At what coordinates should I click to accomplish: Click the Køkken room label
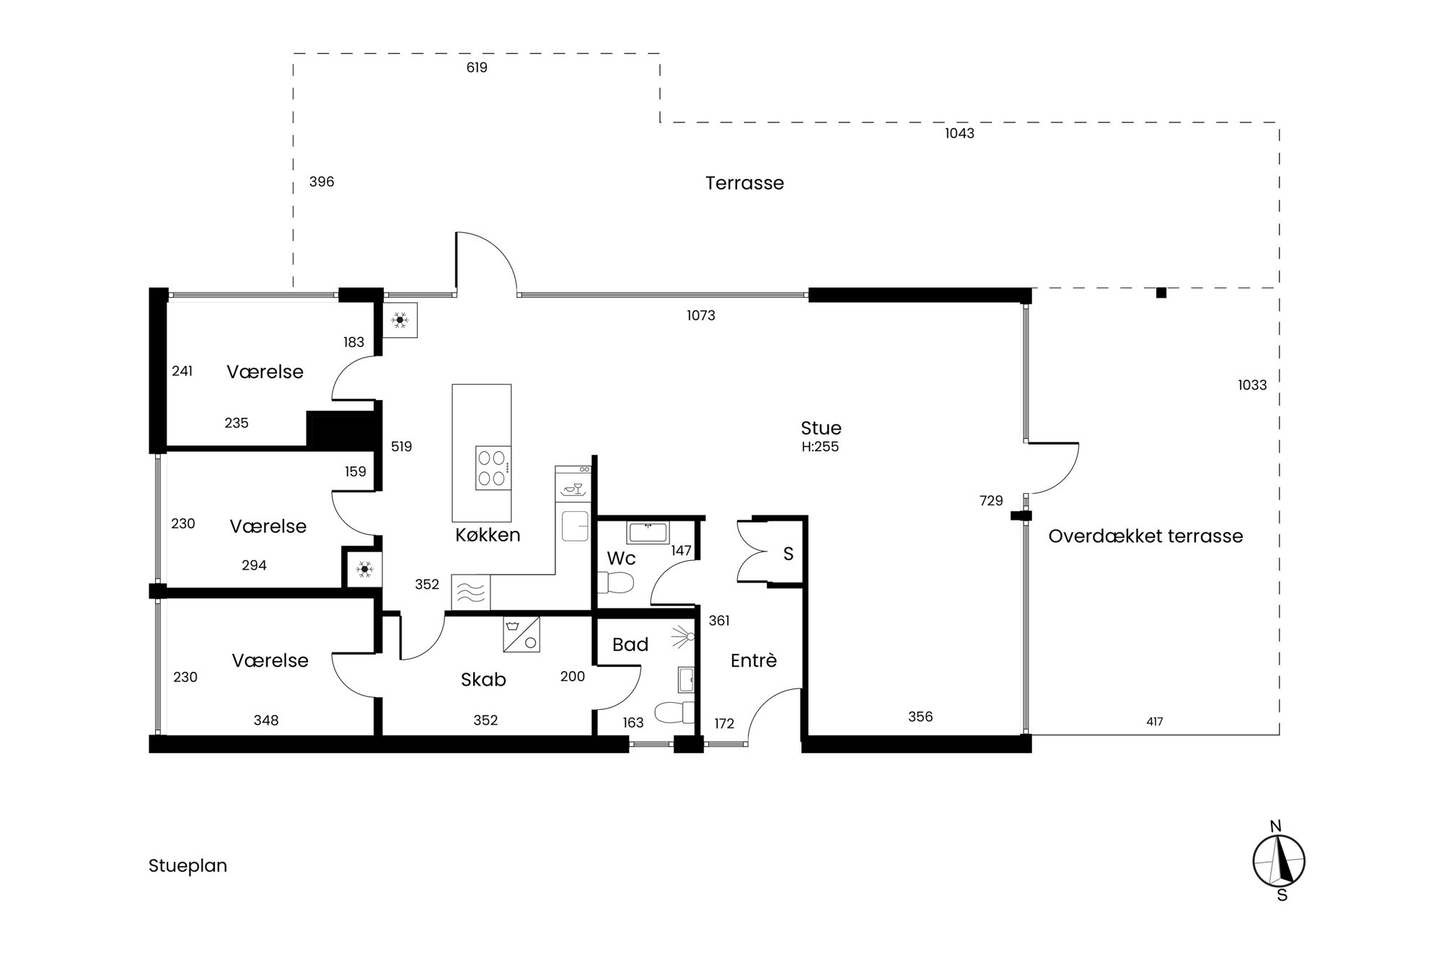[488, 535]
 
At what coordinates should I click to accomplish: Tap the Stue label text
[821, 427]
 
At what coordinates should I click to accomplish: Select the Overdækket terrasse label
[1145, 536]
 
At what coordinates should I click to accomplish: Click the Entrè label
[753, 660]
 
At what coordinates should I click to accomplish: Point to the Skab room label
[483, 679]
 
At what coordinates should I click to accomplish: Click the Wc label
[621, 558]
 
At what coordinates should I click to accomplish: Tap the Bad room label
[630, 644]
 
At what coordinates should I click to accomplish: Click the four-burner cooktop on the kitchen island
[493, 468]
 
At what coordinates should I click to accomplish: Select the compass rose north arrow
[1279, 861]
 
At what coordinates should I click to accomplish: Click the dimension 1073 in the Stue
[701, 315]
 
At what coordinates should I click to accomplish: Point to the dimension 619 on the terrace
[477, 68]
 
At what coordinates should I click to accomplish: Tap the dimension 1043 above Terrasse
[959, 133]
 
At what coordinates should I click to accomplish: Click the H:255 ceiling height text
[820, 447]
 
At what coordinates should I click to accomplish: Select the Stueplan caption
[188, 866]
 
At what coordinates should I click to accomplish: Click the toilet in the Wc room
[616, 582]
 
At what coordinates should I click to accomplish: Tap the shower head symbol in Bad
[684, 636]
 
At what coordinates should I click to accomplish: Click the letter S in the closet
[788, 554]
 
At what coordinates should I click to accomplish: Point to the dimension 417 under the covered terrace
[1154, 722]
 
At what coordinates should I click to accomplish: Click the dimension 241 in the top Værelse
[182, 371]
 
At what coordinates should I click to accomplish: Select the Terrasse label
[744, 183]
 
